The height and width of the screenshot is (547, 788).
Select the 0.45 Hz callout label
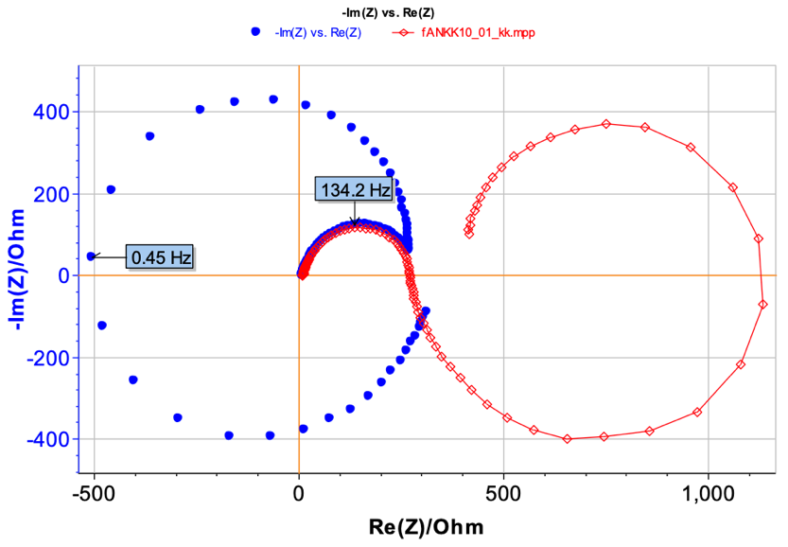[x=161, y=256]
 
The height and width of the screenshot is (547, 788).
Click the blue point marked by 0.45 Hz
[x=91, y=256]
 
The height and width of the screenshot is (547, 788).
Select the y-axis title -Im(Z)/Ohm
[x=16, y=274]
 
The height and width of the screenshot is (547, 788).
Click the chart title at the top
[x=394, y=11]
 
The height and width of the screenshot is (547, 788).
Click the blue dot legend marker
[x=255, y=31]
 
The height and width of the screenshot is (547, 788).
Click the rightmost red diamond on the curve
[x=763, y=304]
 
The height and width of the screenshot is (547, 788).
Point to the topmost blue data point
[x=273, y=98]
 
